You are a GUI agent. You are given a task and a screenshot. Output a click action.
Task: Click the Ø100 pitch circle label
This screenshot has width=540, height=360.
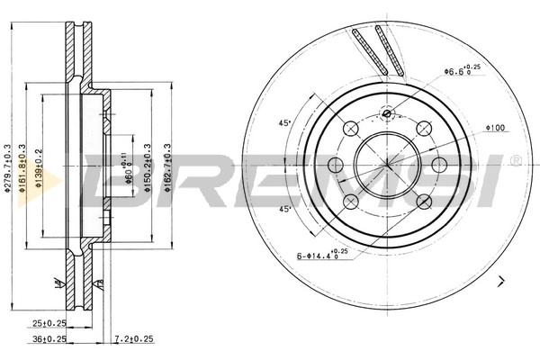[x=494, y=128]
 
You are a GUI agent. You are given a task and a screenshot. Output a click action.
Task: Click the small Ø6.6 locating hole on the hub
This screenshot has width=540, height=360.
[x=387, y=113]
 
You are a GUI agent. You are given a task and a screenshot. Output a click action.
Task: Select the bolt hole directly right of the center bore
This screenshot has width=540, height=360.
[x=439, y=165]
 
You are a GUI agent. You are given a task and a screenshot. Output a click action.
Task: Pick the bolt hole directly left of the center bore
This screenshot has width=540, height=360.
[x=336, y=165]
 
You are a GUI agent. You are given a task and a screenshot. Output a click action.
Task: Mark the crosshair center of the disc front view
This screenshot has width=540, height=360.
[x=387, y=165]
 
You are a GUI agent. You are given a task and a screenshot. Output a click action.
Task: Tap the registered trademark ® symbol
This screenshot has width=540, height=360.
[x=515, y=160]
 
